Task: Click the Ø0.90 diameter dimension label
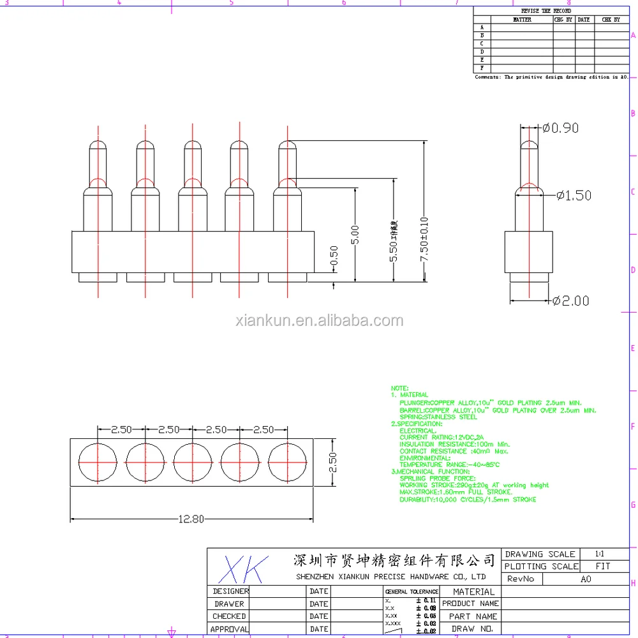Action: tap(561, 128)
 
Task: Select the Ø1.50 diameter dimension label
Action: tap(574, 196)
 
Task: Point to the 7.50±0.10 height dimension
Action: tap(424, 246)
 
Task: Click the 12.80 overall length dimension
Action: tap(191, 519)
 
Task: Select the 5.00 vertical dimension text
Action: tap(355, 234)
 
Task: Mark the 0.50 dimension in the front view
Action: tap(334, 255)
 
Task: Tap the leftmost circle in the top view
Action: tap(98, 461)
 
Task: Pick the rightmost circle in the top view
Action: tap(288, 461)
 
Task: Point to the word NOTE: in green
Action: tap(399, 388)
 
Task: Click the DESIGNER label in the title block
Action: tap(230, 591)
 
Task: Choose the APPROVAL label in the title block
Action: tap(229, 629)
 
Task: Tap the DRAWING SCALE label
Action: tap(540, 554)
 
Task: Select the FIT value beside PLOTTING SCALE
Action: tap(602, 567)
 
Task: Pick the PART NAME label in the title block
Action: tap(472, 616)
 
